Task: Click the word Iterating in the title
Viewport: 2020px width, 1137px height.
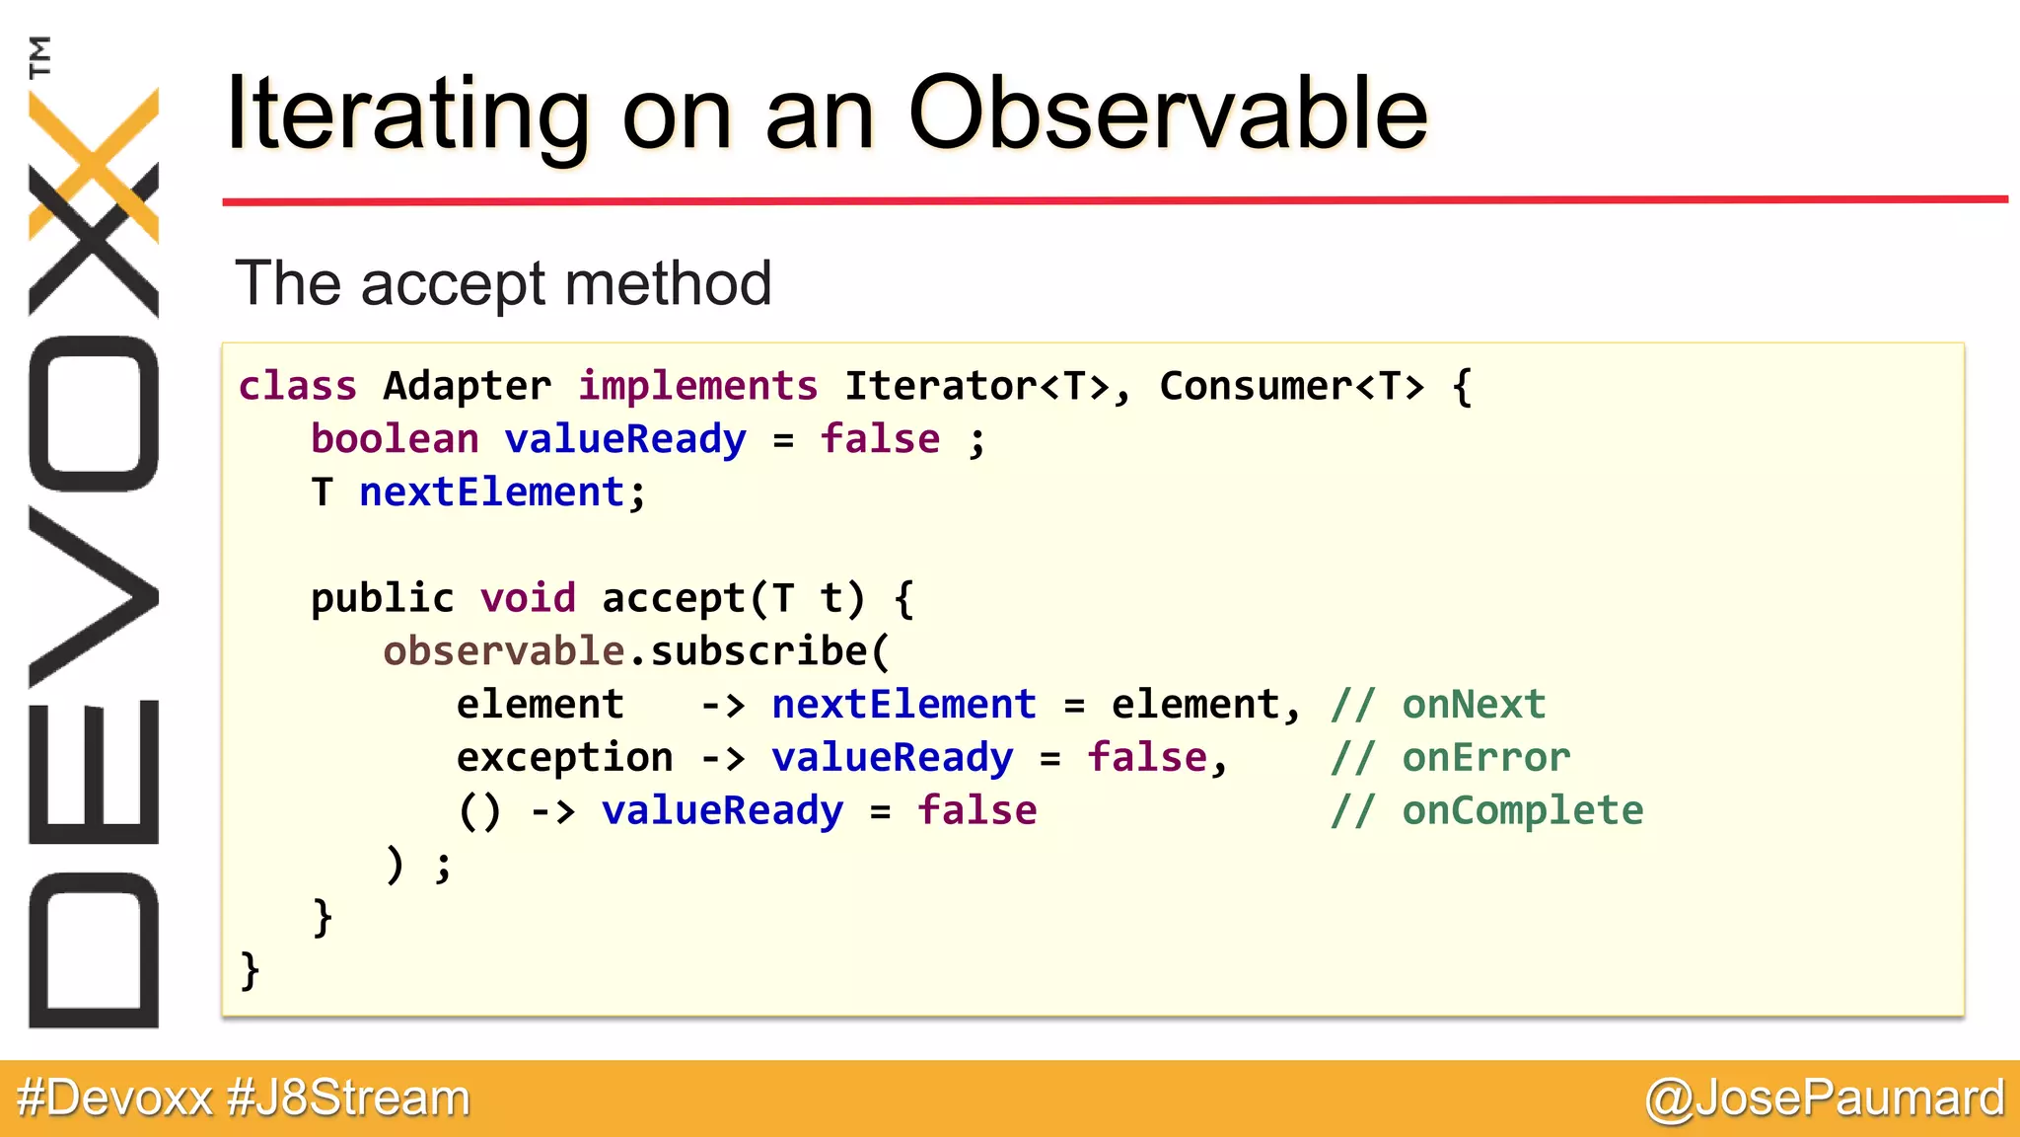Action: (407, 116)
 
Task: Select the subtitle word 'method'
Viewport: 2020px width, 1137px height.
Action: (668, 284)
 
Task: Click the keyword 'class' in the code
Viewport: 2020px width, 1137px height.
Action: (297, 386)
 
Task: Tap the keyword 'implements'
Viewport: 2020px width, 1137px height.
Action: (697, 386)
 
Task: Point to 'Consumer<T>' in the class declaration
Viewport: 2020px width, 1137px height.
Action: (1291, 386)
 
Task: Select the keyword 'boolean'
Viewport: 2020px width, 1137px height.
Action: (395, 439)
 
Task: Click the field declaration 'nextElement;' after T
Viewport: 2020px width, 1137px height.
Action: (502, 493)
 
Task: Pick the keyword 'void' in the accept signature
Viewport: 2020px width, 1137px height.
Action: (528, 598)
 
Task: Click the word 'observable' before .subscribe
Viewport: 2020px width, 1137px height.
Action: (503, 651)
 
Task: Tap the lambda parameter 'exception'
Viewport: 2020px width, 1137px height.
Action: (564, 758)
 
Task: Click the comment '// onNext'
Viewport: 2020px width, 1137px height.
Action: (1437, 705)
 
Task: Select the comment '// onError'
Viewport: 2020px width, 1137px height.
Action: (1449, 758)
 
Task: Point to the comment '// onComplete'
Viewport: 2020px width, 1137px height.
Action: (1485, 811)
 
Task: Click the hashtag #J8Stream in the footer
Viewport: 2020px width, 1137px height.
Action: (348, 1099)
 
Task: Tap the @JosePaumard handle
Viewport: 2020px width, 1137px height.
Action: (1824, 1099)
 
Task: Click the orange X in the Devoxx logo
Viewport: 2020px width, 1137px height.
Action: (94, 163)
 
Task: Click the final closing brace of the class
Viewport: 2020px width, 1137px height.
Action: (250, 971)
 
